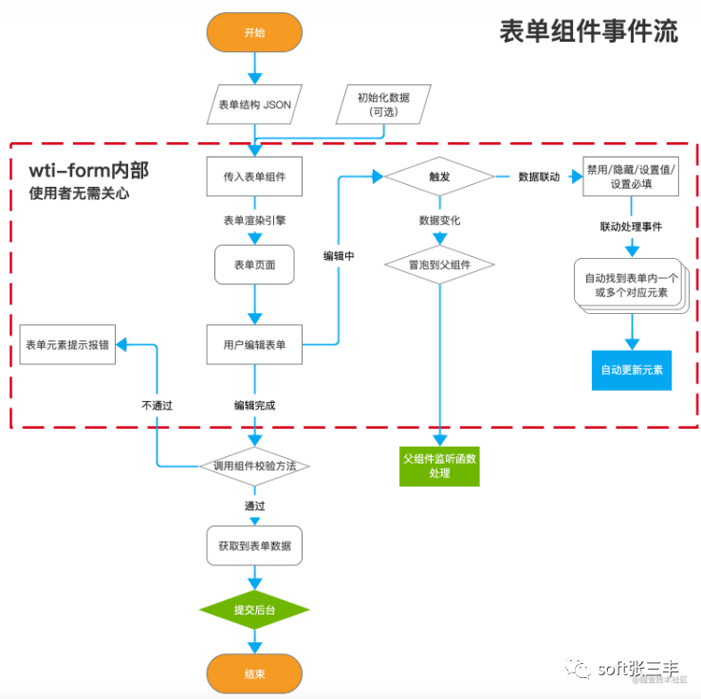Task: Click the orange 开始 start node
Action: tap(254, 32)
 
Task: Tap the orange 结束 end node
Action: tap(254, 674)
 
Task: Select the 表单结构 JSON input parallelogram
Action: tap(254, 105)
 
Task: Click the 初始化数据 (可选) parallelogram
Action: tap(383, 104)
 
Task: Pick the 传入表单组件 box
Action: tap(254, 176)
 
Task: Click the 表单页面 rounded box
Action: tap(254, 265)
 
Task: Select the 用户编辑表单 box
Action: tap(254, 344)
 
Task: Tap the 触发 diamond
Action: tap(438, 176)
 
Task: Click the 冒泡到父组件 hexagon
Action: tap(438, 265)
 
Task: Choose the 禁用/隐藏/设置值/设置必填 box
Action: tap(631, 176)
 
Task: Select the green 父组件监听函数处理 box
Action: tap(438, 466)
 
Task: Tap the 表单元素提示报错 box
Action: tap(68, 344)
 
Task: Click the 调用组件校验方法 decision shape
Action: tap(254, 466)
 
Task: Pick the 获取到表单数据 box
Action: tap(254, 546)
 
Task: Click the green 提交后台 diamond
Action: tap(254, 610)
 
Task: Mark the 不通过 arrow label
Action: tap(157, 405)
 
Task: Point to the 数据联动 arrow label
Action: tap(538, 177)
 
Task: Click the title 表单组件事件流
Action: tap(589, 31)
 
